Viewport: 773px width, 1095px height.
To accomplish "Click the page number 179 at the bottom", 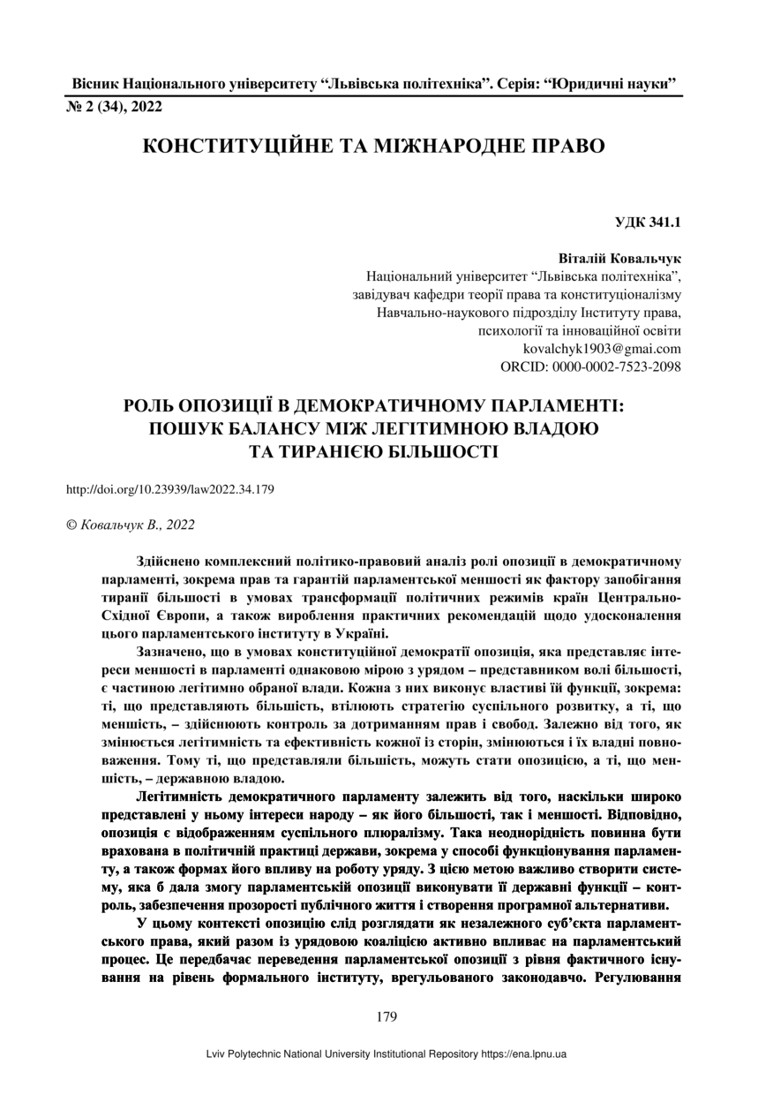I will (386, 1016).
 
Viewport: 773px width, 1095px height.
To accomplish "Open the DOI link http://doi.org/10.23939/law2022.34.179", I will (170, 488).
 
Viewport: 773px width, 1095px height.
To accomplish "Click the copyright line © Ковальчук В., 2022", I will (131, 525).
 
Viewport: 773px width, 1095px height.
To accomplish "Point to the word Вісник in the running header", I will (94, 86).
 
